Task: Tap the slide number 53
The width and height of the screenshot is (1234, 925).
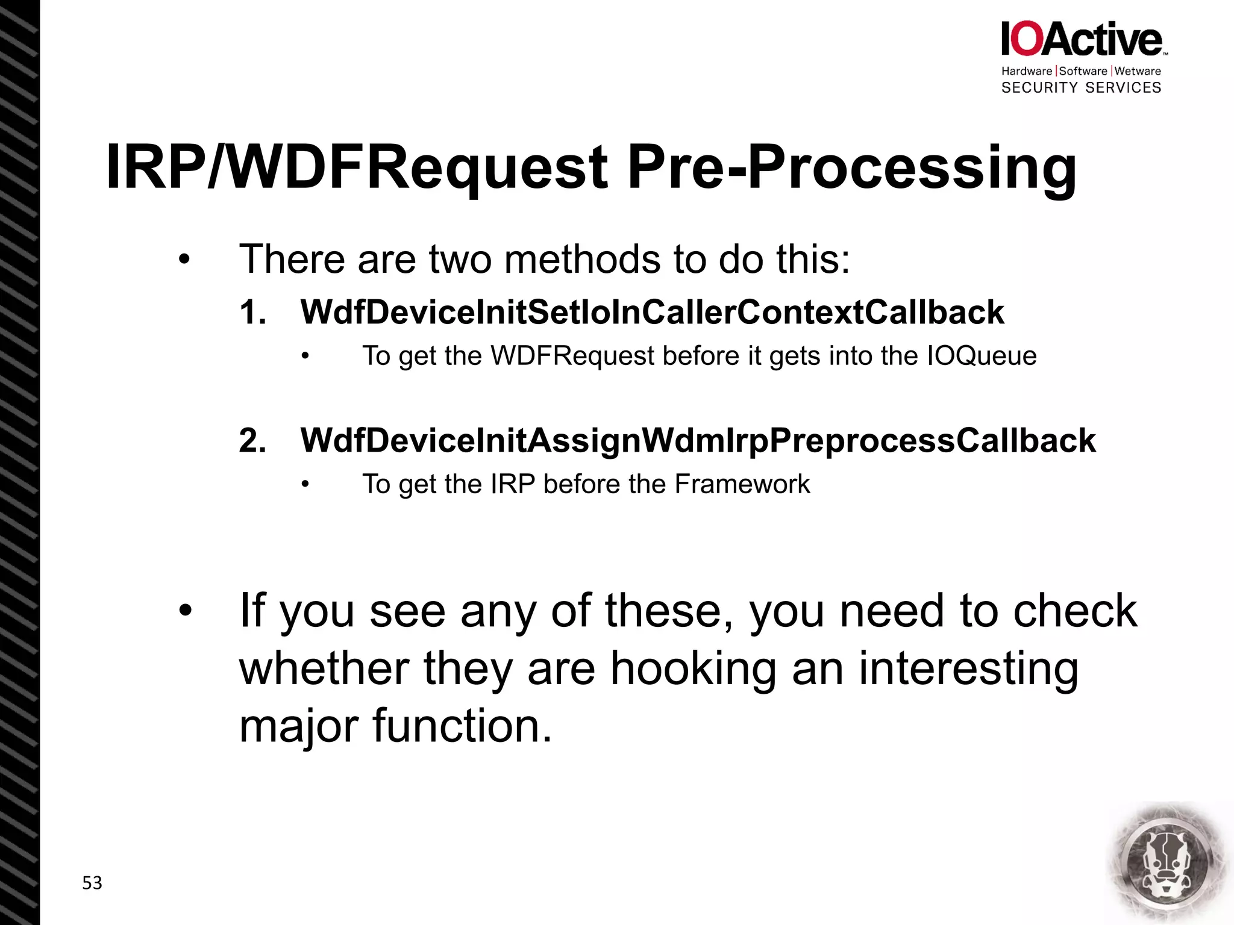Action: click(92, 883)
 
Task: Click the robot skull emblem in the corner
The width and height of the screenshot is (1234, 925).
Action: click(1167, 863)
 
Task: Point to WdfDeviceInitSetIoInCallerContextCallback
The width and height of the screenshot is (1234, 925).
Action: click(652, 312)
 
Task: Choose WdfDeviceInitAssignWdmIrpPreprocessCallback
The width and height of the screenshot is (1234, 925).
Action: click(698, 440)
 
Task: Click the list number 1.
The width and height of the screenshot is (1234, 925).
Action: click(252, 313)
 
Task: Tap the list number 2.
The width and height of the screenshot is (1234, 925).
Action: click(252, 441)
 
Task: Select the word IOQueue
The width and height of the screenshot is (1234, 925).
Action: click(982, 356)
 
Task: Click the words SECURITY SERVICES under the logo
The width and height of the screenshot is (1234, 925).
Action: click(1081, 88)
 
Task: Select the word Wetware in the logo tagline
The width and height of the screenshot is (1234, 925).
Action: click(1138, 71)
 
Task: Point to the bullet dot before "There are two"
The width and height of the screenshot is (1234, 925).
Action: click(184, 260)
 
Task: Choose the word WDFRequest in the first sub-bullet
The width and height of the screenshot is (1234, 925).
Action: click(572, 356)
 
